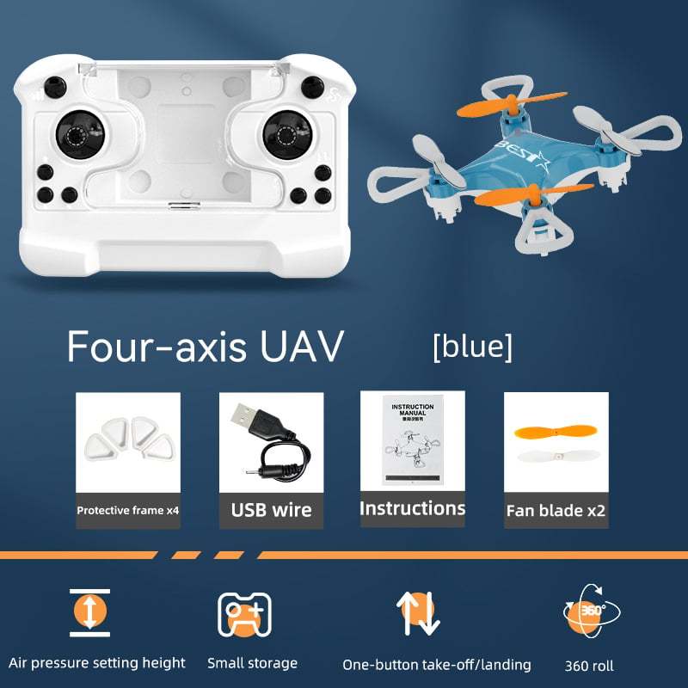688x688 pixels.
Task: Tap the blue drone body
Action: tap(482, 168)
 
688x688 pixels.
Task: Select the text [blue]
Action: tap(472, 346)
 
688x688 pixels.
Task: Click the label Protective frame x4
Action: tap(128, 510)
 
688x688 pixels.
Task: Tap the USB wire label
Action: tap(271, 510)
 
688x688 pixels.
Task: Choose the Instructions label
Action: tap(412, 508)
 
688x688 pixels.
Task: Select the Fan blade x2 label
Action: tap(556, 510)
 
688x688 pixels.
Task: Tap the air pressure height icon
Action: tap(90, 612)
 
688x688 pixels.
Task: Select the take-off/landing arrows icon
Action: tap(416, 613)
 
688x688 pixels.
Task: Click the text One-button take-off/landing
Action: tap(436, 665)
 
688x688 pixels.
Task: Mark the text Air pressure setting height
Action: tap(97, 663)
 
